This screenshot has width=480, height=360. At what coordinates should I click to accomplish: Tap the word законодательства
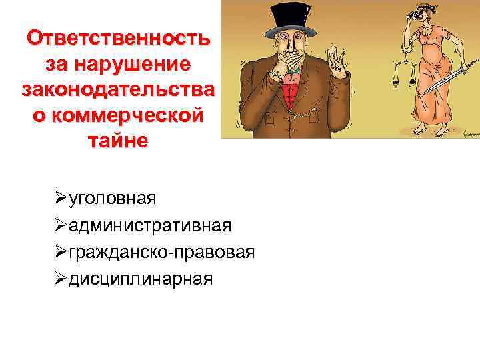tap(117, 90)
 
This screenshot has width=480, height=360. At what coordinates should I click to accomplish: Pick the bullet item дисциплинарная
tap(141, 278)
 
